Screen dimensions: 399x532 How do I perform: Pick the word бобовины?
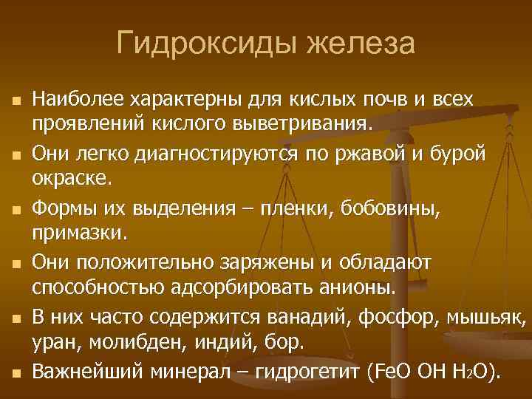click(x=399, y=208)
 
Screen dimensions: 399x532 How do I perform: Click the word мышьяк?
click(x=494, y=317)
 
